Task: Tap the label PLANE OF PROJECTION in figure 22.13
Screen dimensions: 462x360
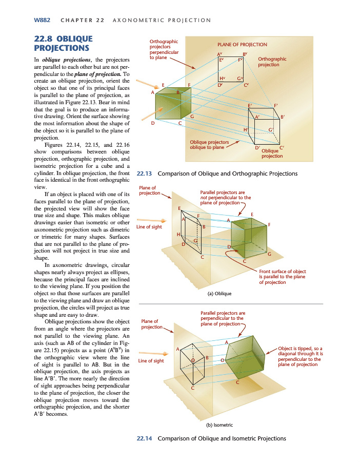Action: click(x=242, y=45)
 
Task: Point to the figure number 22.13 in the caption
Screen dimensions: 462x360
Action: click(x=144, y=174)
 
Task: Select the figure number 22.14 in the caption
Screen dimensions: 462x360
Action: click(x=144, y=438)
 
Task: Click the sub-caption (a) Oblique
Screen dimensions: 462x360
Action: click(x=219, y=293)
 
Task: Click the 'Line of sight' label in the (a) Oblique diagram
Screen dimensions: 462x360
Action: click(x=149, y=227)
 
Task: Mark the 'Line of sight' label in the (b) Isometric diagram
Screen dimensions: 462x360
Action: click(x=151, y=361)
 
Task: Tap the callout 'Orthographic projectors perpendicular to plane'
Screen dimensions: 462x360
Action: click(x=164, y=50)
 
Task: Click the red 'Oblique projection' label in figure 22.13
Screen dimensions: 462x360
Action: click(x=272, y=153)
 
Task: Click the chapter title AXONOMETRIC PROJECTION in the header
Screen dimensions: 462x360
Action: click(x=163, y=21)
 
